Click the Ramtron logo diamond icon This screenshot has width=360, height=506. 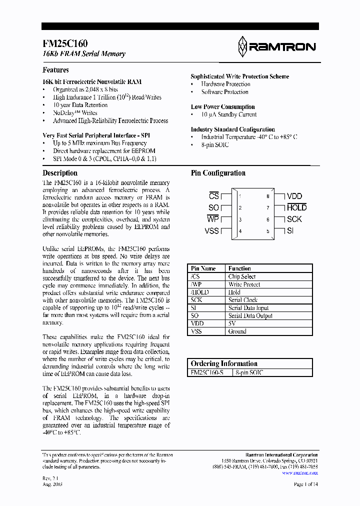tap(242, 46)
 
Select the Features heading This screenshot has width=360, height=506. tap(55, 70)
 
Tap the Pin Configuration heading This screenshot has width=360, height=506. tap(218, 173)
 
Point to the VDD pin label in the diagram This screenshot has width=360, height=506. tap(294, 196)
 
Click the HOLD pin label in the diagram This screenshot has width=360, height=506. tap(296, 207)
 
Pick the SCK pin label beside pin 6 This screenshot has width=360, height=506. tap(294, 219)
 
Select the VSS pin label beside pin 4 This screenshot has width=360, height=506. tap(212, 230)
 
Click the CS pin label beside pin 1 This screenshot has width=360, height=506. tap(214, 196)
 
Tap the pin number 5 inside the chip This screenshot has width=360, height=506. tap(267, 231)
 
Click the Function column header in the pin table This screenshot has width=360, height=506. tap(239, 268)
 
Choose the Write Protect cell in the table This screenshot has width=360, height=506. tap(244, 284)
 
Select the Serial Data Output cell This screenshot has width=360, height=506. tap(250, 315)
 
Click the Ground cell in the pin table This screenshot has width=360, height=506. tap(237, 331)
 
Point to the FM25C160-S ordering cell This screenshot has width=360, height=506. tap(207, 372)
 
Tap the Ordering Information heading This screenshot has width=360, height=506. tap(224, 363)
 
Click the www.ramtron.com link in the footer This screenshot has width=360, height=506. tap(300, 472)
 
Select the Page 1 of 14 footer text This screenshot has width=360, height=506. tap(305, 484)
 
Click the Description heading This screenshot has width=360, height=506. tap(60, 173)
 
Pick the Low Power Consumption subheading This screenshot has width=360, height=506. tap(222, 106)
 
